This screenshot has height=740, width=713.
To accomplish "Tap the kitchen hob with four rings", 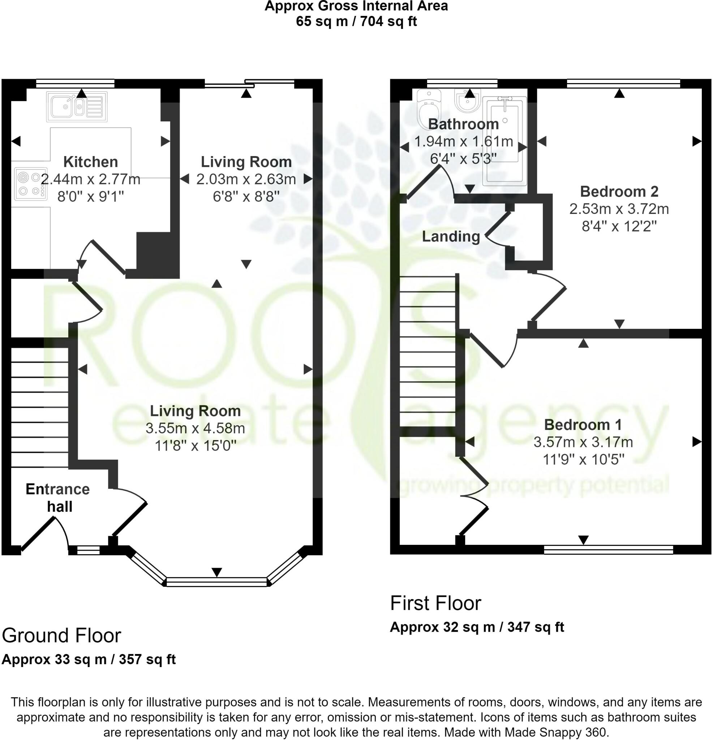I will click(31, 184).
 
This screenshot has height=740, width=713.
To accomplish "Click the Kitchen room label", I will click(91, 162).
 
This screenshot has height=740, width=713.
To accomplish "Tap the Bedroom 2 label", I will click(619, 192).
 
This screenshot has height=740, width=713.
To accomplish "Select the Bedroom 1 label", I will click(583, 425).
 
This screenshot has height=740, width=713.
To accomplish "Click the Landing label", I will click(451, 237).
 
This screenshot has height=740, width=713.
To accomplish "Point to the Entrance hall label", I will click(58, 498).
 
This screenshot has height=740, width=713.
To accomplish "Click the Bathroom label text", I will click(463, 124).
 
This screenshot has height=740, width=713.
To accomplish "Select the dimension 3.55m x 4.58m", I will click(195, 428).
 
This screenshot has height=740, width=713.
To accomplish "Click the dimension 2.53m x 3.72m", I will click(619, 209).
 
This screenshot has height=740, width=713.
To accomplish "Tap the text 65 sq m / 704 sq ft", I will click(356, 22).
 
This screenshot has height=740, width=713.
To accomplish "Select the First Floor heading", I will click(435, 603).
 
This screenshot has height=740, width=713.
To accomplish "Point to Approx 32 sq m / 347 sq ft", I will click(477, 627).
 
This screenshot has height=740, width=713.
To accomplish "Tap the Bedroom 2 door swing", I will click(547, 296).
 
